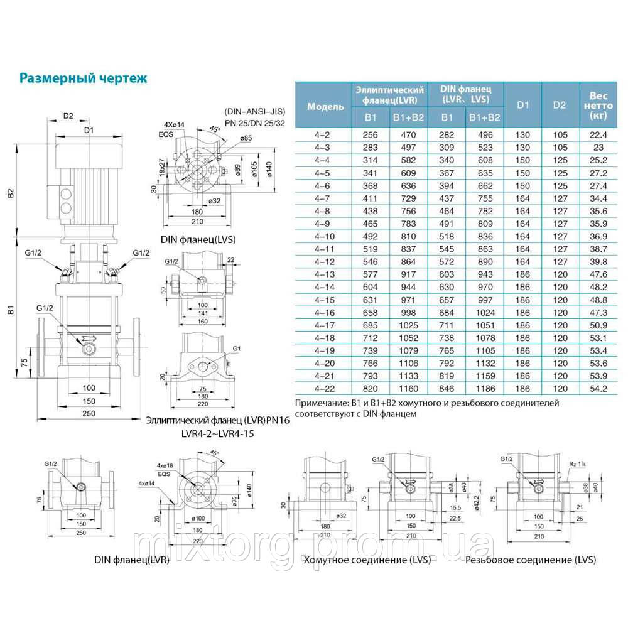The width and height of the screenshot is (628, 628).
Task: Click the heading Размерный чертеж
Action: pos(84,78)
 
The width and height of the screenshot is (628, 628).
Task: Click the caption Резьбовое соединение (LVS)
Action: pos(531,560)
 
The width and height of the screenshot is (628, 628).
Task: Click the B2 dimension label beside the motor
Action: pos(11,195)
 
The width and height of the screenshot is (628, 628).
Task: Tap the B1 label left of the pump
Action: pos(11,309)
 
